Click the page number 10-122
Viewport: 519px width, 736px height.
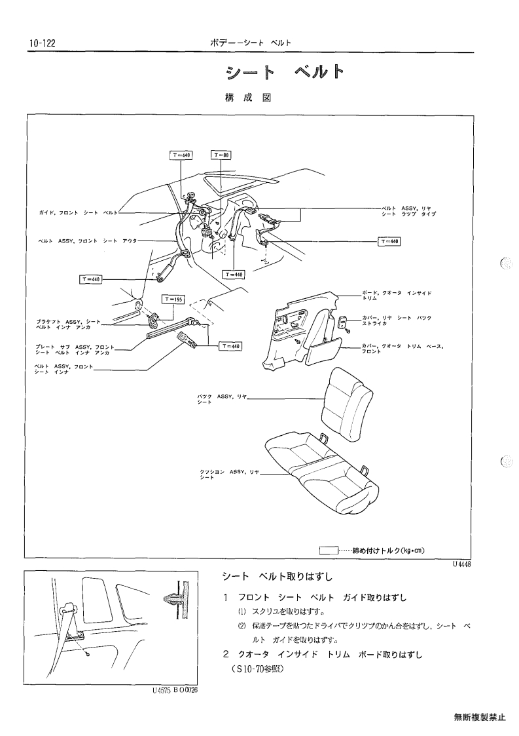click(42, 44)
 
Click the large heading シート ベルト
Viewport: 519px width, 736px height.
click(285, 72)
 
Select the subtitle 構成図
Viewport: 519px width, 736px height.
click(248, 98)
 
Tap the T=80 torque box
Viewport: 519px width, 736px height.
click(222, 155)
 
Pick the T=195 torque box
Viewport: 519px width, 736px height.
click(173, 299)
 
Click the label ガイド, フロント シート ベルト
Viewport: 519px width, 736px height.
click(79, 212)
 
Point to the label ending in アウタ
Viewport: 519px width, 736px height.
click(88, 241)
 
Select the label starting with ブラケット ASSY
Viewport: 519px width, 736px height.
click(69, 324)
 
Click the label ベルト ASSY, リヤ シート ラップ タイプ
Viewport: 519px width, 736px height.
click(409, 211)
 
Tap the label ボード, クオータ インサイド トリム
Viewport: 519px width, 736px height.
click(397, 295)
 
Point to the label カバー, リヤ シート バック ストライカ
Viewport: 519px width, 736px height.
click(397, 320)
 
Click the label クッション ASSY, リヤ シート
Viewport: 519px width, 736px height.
click(230, 474)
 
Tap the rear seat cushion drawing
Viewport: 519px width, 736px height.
click(322, 472)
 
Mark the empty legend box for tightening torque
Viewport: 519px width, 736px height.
click(329, 551)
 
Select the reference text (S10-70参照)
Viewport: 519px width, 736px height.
click(257, 669)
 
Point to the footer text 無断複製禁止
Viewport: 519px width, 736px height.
click(480, 717)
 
